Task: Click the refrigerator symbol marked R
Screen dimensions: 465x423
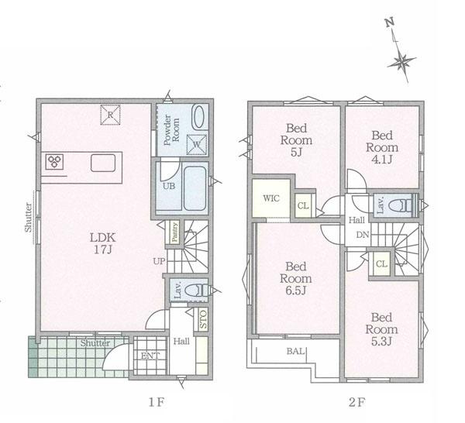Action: [110, 115]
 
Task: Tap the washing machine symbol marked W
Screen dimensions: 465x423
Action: [196, 145]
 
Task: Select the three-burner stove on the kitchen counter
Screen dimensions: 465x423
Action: [54, 162]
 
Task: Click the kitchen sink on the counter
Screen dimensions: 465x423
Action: [103, 163]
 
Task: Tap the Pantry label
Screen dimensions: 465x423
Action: [174, 232]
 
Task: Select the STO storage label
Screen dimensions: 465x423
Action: [203, 319]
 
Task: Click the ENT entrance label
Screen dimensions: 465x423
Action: [150, 356]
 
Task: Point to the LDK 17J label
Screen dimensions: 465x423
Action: [102, 243]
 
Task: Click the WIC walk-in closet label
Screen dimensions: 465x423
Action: [271, 198]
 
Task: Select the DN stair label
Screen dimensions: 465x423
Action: [363, 235]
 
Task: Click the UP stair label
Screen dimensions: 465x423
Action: [159, 261]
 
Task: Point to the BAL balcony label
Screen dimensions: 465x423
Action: [296, 351]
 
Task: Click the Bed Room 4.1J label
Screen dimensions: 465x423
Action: [382, 147]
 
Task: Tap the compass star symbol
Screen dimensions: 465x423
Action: [401, 62]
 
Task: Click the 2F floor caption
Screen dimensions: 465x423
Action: [357, 402]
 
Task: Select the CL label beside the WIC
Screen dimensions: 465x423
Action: [303, 205]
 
